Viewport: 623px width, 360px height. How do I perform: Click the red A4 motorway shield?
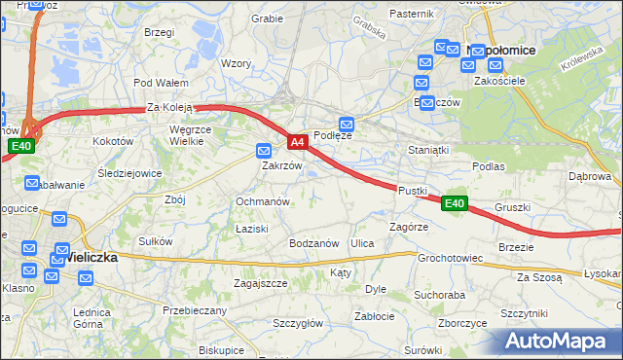click(x=298, y=143)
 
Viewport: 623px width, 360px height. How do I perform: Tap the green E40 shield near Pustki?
click(x=454, y=203)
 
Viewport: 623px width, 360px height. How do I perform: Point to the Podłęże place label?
click(x=332, y=136)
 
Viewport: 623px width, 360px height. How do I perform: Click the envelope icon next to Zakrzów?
click(x=263, y=151)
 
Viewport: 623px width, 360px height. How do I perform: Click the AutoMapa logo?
click(x=561, y=342)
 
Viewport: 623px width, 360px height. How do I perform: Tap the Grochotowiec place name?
click(x=450, y=259)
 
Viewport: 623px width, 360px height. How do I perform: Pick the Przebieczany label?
click(x=195, y=310)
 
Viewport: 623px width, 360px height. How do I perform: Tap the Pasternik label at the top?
click(x=411, y=14)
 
